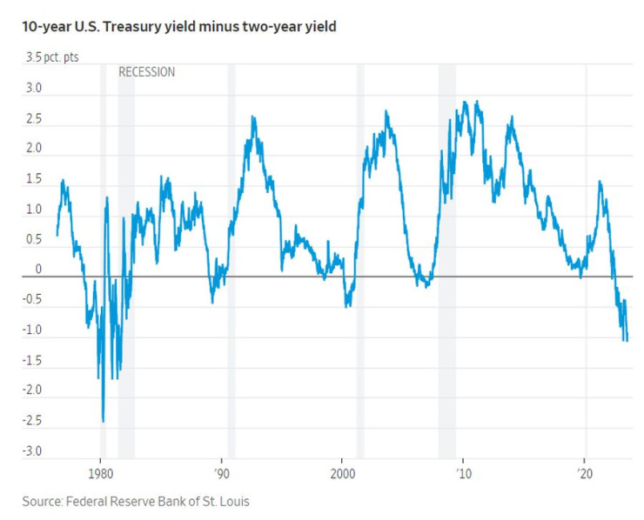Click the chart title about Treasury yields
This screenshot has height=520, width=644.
click(173, 27)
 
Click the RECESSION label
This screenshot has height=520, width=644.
click(146, 72)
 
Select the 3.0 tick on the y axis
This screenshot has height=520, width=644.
click(32, 89)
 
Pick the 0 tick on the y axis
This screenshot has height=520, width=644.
click(38, 269)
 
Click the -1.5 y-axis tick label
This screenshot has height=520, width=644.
click(30, 359)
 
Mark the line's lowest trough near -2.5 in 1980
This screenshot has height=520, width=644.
click(103, 421)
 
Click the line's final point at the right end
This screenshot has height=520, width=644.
click(627, 340)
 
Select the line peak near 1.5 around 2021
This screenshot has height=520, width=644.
click(600, 182)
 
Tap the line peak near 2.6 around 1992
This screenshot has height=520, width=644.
click(253, 117)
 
